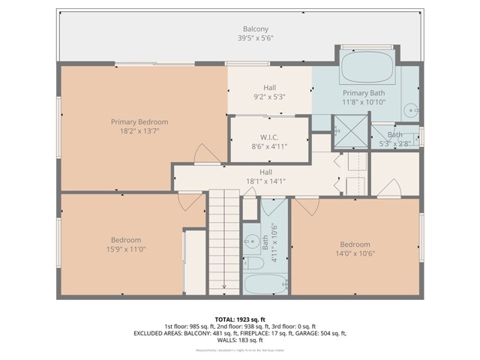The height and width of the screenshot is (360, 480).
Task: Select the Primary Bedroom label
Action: (139, 121)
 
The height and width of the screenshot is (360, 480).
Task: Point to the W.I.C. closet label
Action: (269, 136)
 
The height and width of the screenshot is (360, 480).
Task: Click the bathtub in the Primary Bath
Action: (367, 68)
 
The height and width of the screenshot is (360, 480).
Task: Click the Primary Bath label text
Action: (364, 92)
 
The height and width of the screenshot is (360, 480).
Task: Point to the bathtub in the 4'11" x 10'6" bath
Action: (263, 286)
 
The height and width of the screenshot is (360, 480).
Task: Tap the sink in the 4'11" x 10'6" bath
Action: (250, 241)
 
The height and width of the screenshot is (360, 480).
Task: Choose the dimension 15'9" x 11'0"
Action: (126, 250)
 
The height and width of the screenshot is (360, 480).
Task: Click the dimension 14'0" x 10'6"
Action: (355, 254)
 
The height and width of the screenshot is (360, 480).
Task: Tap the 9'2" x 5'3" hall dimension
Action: (269, 97)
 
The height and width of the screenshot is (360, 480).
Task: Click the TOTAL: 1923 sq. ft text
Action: (239, 319)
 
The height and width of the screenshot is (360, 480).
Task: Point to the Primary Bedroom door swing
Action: (202, 154)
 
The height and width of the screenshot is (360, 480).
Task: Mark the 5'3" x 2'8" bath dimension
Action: (394, 143)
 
